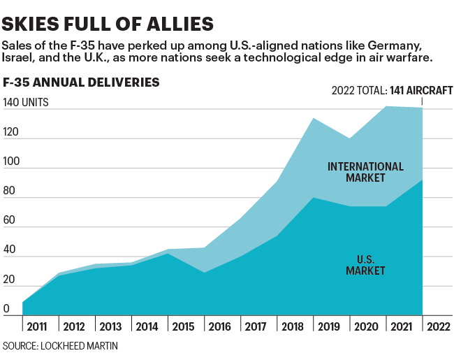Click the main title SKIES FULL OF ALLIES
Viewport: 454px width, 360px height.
(x=108, y=24)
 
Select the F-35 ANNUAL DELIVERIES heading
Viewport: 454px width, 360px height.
(x=82, y=82)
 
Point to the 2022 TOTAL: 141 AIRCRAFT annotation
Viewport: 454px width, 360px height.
(x=392, y=90)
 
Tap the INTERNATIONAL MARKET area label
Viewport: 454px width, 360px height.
(x=366, y=172)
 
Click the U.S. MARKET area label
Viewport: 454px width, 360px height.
(x=366, y=264)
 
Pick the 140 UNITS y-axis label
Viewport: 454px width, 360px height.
(x=26, y=103)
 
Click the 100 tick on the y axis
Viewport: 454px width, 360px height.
(x=11, y=161)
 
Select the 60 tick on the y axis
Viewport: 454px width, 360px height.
(x=9, y=220)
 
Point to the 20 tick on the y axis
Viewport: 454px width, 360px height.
(x=9, y=279)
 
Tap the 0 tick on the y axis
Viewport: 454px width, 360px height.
(x=6, y=308)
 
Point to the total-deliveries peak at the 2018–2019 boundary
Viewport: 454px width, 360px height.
(x=313, y=119)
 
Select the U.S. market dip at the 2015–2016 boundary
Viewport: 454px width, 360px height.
(x=204, y=273)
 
